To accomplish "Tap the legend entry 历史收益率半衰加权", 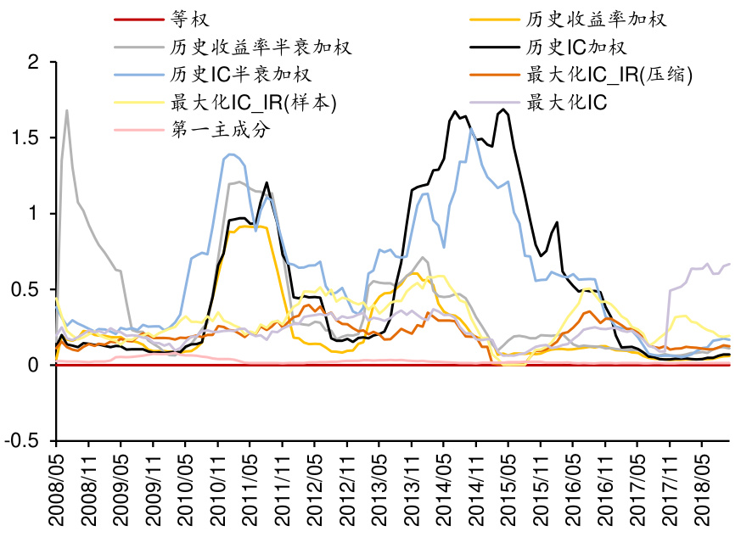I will (x=261, y=46).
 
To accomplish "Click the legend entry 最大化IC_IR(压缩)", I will (x=610, y=75).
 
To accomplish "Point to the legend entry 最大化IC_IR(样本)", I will (x=254, y=103).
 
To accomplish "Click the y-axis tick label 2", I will (x=34, y=62).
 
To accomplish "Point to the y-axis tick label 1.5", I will (x=27, y=137).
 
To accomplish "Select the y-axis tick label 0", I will (x=34, y=366).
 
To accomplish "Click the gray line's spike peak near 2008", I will (x=66, y=110).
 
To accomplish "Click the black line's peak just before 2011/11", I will (x=267, y=182).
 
